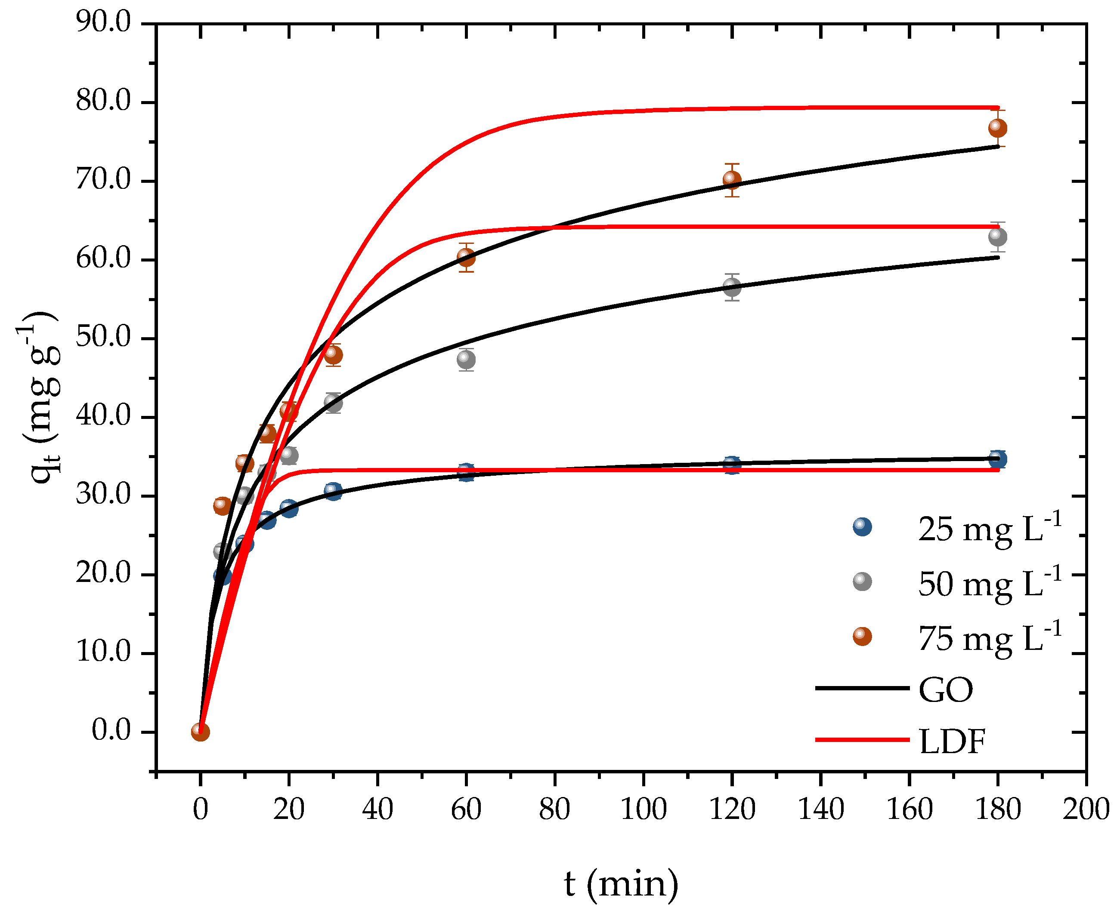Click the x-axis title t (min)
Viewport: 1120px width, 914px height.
621,883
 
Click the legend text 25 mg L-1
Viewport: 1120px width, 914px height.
989,529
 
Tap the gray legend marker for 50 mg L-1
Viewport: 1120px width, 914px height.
862,582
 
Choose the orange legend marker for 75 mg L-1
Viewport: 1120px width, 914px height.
862,637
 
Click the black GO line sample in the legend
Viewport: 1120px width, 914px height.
862,688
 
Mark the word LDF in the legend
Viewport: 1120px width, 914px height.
951,742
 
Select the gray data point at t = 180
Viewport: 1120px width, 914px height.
998,237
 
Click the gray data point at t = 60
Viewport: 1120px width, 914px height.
466,360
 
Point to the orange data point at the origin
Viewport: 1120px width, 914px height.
200,732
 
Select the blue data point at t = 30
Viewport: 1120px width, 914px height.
333,491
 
